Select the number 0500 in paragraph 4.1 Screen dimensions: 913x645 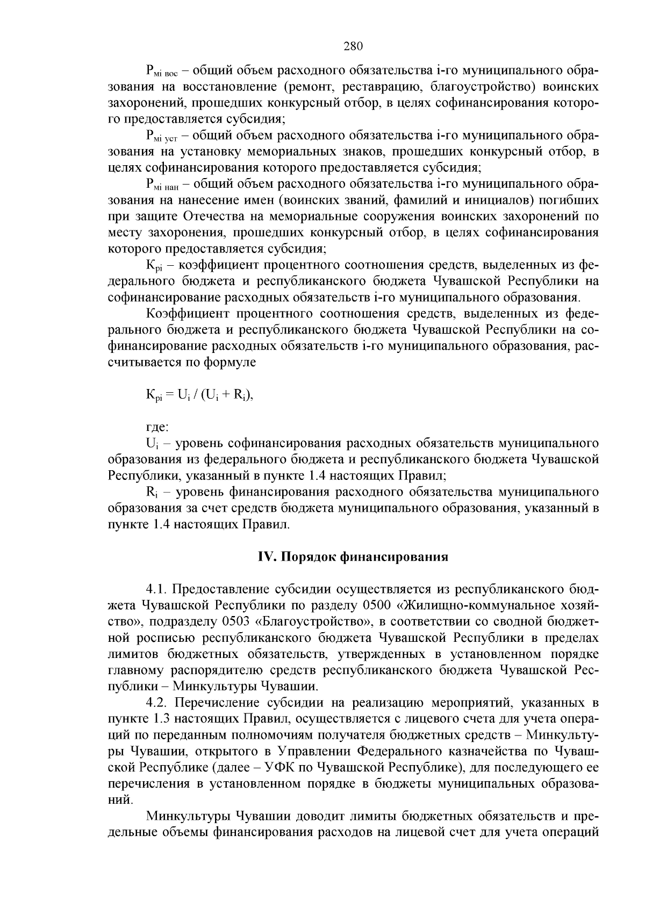click(x=377, y=605)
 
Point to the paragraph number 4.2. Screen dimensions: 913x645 click(x=158, y=703)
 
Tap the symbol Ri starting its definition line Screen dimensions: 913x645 click(x=151, y=492)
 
